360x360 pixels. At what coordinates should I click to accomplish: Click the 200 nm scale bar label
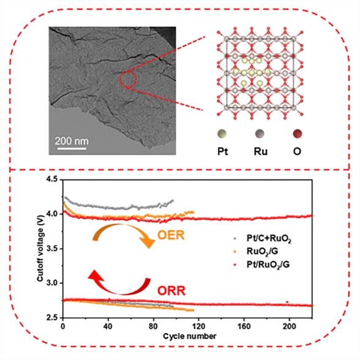72,141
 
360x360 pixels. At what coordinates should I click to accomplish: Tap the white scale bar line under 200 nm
72,149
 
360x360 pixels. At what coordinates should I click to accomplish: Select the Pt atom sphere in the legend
222,133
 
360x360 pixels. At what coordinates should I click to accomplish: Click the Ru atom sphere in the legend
260,133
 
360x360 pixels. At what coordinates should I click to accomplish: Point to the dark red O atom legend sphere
298,133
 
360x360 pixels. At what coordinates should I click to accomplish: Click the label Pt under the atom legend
223,152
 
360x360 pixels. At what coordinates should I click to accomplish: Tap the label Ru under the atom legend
261,152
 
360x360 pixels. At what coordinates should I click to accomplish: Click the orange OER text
171,235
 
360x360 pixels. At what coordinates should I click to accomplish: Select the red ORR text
171,291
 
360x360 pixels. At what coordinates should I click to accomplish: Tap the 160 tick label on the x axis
244,326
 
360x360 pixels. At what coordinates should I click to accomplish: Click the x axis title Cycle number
190,336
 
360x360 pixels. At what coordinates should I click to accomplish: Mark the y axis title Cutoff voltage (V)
40,248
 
